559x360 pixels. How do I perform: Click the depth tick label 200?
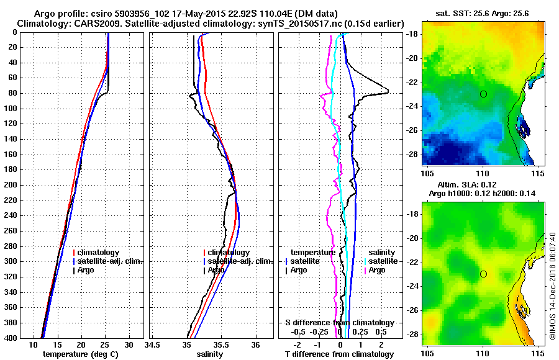click(x=9, y=185)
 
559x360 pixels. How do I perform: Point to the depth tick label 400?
click(x=9, y=338)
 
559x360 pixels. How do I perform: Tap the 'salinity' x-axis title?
click(x=210, y=354)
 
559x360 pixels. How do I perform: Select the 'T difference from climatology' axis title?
click(x=339, y=354)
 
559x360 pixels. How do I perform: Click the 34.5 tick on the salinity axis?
click(x=152, y=344)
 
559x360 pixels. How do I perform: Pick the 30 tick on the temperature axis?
click(x=129, y=344)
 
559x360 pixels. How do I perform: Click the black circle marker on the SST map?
click(x=483, y=94)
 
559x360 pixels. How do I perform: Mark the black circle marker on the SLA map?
click(x=483, y=274)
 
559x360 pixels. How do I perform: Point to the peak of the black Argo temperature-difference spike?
click(x=388, y=92)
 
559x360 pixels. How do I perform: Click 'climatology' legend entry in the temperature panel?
click(x=98, y=253)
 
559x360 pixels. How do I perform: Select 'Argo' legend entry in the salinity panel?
click(x=217, y=270)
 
